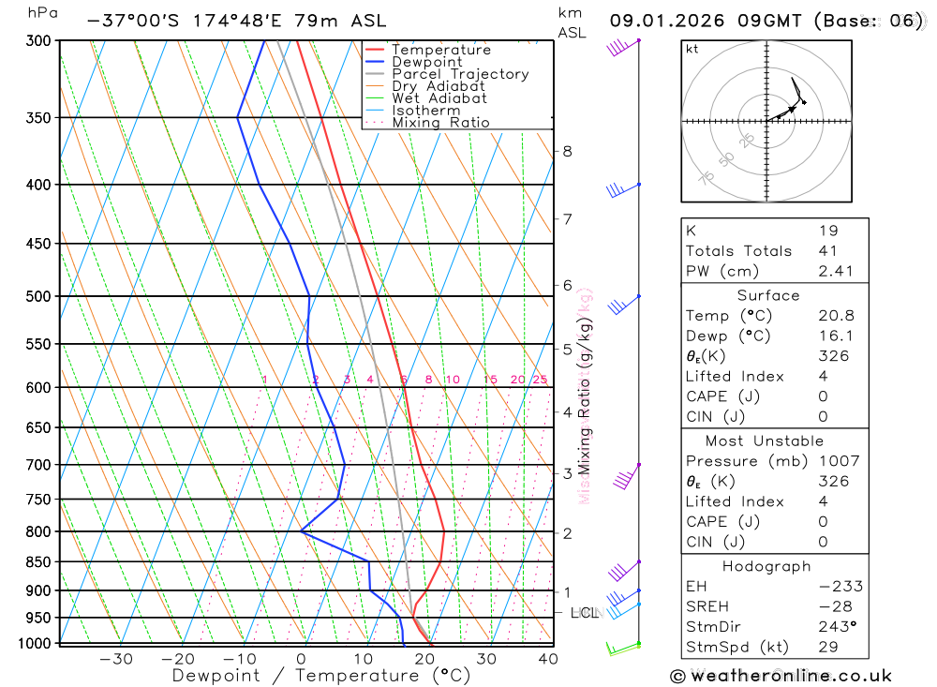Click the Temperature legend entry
[440, 50]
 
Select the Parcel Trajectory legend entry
[460, 74]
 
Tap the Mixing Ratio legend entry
[440, 123]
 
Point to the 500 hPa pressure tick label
[38, 296]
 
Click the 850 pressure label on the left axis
[38, 562]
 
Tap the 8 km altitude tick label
[567, 151]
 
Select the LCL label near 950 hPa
[585, 613]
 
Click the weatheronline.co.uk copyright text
[781, 676]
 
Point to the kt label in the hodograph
[692, 49]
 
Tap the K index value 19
[828, 231]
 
